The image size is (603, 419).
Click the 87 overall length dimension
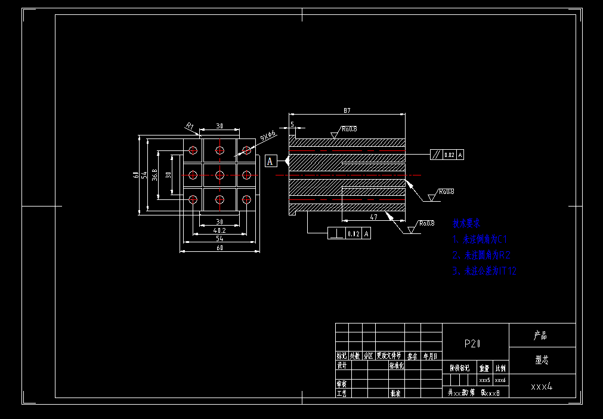(x=347, y=110)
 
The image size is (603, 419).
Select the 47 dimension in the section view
(x=373, y=217)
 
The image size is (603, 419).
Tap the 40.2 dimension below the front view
(x=219, y=230)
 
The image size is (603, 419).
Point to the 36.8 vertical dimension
(x=155, y=174)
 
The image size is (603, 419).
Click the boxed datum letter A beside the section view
(x=270, y=161)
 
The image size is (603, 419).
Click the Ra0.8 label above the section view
(x=350, y=128)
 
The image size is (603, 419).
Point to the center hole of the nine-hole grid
(x=219, y=174)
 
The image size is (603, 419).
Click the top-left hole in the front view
(x=193, y=150)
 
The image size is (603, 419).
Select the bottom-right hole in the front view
(x=246, y=199)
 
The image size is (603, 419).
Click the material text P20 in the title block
(x=472, y=344)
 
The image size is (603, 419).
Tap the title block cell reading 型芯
(x=542, y=361)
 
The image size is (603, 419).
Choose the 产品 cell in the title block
(x=540, y=335)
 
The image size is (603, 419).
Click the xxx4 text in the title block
(x=542, y=386)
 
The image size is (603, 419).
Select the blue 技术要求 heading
(x=466, y=223)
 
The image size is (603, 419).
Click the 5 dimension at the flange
(x=292, y=124)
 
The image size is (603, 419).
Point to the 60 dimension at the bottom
(x=219, y=248)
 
